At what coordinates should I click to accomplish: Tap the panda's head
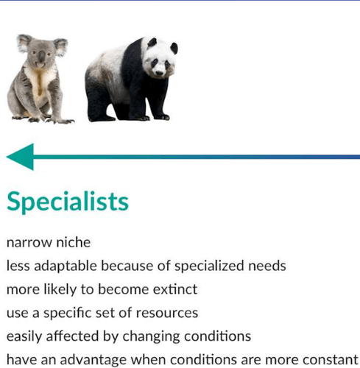point(158,57)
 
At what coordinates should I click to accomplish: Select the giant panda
point(129,81)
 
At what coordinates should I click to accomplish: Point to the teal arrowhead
point(20,157)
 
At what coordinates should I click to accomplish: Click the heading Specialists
point(68,202)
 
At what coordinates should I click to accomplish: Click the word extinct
point(175,289)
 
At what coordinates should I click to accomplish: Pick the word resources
point(169,313)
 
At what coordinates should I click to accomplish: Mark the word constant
point(332,360)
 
